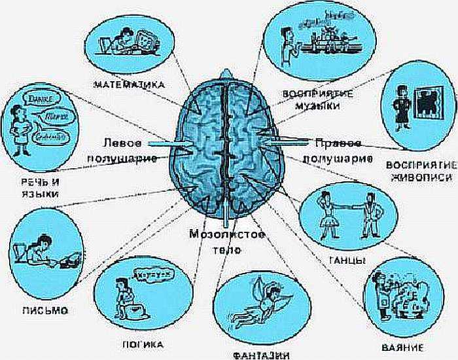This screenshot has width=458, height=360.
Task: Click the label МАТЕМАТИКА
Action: [x=128, y=84]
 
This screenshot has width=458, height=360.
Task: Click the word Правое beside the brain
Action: [x=339, y=142]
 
